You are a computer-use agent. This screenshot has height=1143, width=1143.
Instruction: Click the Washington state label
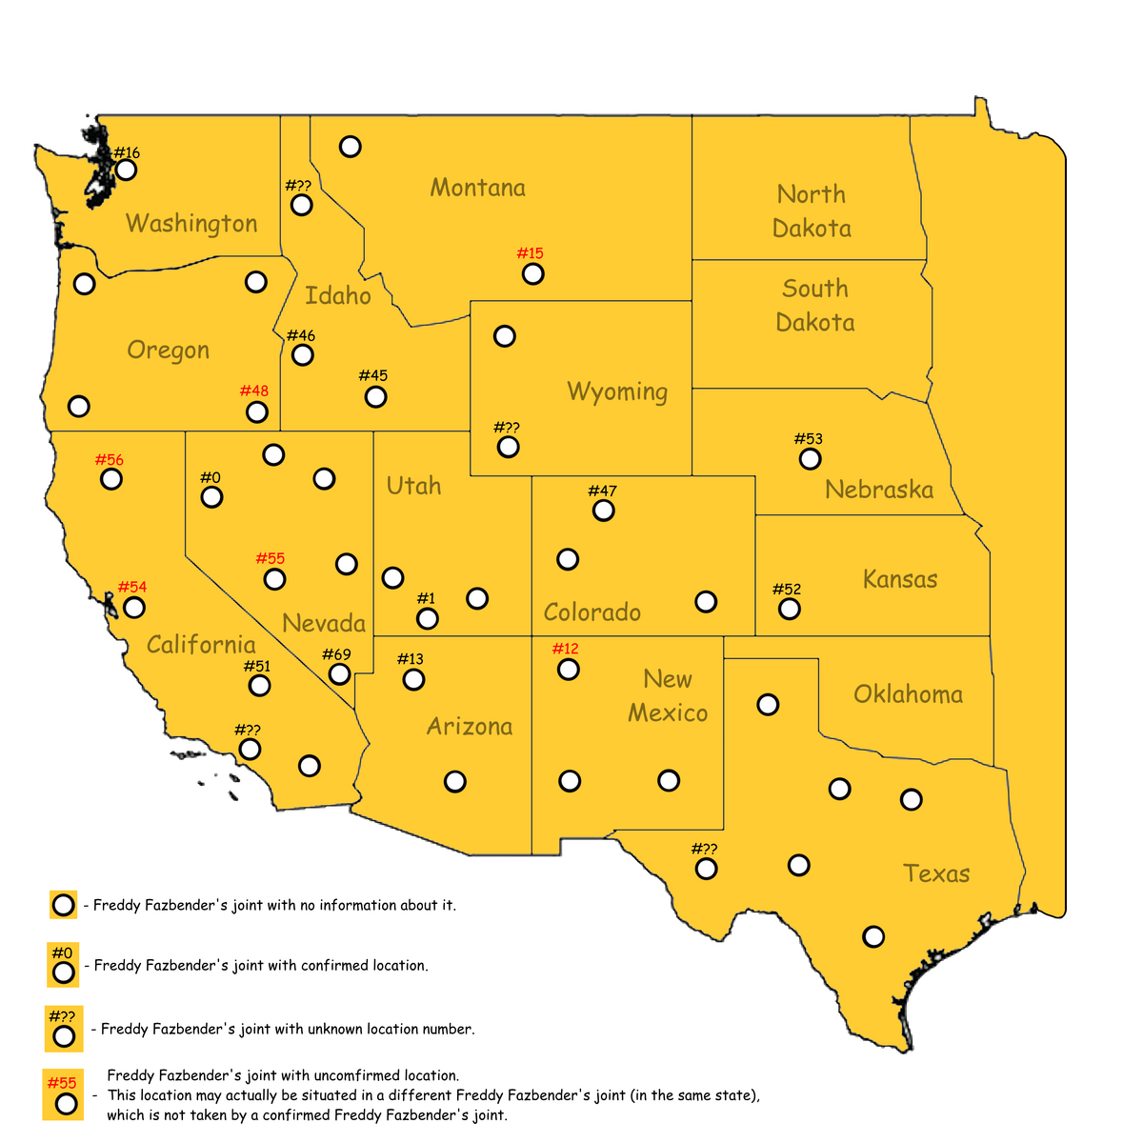(191, 224)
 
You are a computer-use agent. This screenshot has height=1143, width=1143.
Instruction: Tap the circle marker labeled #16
(126, 170)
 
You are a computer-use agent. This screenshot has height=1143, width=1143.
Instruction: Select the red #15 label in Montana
(530, 253)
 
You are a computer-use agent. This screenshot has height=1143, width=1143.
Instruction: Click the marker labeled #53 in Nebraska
(810, 459)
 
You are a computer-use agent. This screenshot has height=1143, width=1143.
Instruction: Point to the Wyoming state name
(617, 391)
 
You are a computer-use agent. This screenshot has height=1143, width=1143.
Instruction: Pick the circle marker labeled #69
(339, 674)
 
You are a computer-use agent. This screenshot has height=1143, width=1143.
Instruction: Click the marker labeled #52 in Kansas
(789, 610)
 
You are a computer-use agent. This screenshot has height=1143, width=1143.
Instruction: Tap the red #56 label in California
(110, 460)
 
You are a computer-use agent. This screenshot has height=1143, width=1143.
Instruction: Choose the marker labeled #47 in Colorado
(603, 511)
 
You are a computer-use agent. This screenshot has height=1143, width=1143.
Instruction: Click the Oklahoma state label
(908, 694)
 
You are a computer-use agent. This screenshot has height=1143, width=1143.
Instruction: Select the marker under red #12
(568, 670)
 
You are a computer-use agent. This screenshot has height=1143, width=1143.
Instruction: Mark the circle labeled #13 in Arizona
(413, 680)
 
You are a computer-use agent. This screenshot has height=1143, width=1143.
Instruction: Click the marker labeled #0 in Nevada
(211, 497)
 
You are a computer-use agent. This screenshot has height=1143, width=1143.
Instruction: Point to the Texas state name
(936, 873)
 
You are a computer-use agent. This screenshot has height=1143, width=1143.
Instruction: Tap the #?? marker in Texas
(706, 869)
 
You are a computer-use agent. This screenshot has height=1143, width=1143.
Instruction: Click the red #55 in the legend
(62, 1083)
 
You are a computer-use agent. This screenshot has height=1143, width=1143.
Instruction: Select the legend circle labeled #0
(64, 973)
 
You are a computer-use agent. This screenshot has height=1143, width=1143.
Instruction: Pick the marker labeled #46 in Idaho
(302, 355)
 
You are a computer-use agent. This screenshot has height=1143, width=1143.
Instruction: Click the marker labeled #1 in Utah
(428, 619)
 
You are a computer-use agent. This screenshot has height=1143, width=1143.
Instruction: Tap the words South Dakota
(814, 306)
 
